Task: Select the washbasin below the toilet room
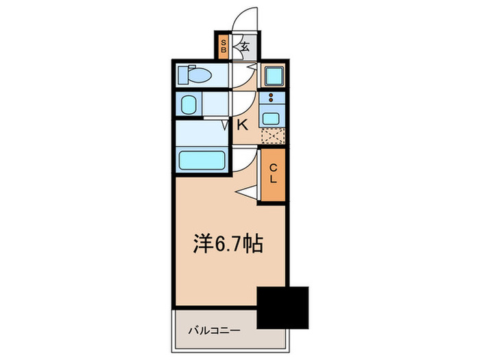coord(189,105)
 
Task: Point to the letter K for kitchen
coord(242,125)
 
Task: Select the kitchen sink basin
coord(271,116)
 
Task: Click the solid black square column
coord(283,306)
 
